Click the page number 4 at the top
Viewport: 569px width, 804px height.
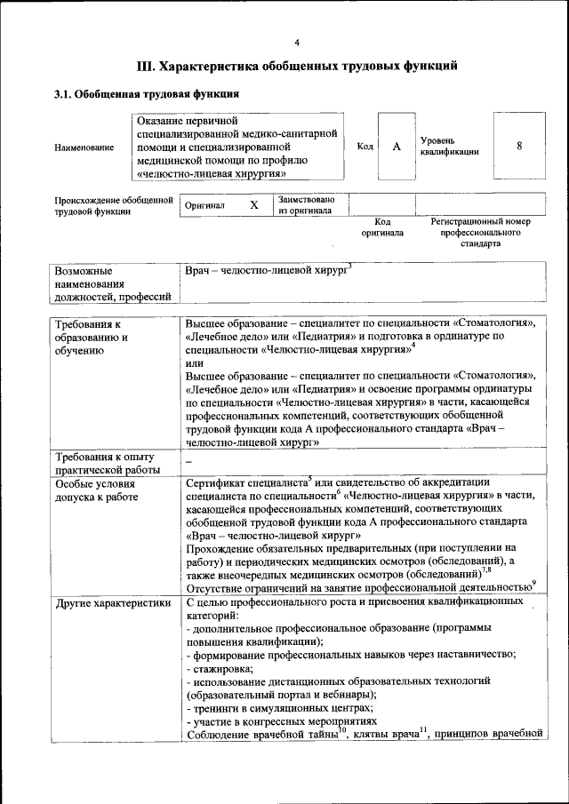pos(297,42)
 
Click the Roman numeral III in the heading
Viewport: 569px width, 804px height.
pos(146,65)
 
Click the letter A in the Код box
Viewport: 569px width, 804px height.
pos(396,147)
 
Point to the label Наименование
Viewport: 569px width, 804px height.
pos(84,147)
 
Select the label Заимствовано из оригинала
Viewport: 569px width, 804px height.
pos(306,205)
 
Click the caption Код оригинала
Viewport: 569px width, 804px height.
pos(381,227)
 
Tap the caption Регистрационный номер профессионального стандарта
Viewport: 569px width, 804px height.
pos(480,232)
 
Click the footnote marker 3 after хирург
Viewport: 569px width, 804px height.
pos(350,265)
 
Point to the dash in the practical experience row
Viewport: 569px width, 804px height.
pos(189,462)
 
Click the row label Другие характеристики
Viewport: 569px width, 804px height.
pos(113,602)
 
